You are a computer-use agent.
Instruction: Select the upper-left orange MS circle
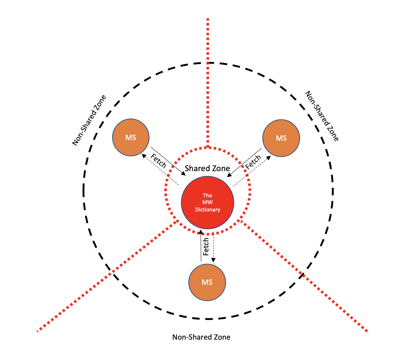tap(130, 137)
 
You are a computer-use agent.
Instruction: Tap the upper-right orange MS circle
tap(281, 138)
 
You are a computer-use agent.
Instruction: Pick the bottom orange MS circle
tap(207, 282)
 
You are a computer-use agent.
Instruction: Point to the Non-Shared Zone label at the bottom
tap(201, 337)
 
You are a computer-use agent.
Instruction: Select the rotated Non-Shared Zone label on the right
tap(321, 116)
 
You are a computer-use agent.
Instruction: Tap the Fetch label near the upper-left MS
tap(158, 159)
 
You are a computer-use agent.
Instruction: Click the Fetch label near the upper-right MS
tap(253, 162)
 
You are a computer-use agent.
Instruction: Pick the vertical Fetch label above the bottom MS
tap(206, 245)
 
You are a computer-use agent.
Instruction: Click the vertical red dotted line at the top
tap(208, 81)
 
